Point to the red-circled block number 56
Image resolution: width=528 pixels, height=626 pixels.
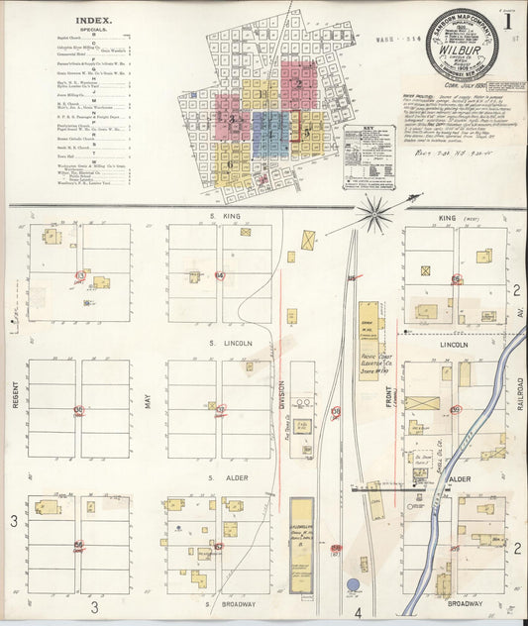[x=77, y=545]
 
